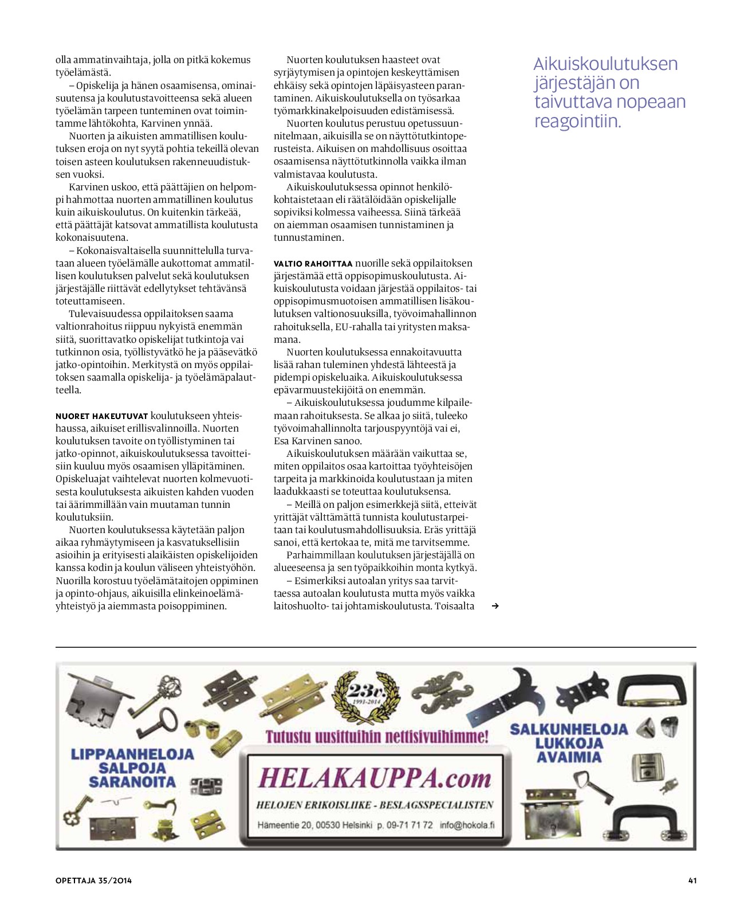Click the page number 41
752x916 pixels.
click(x=692, y=880)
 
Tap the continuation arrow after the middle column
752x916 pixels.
click(x=495, y=606)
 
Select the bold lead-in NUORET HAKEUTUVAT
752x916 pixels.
click(x=102, y=416)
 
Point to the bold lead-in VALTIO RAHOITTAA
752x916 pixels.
click(x=313, y=264)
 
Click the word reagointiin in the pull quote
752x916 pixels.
click(x=577, y=122)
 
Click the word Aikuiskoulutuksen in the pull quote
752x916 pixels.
click(x=605, y=64)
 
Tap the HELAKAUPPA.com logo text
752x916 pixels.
click(x=375, y=778)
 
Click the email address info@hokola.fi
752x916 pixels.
click(x=467, y=825)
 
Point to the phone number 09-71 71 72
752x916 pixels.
click(x=410, y=825)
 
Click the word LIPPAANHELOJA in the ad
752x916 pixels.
click(x=132, y=754)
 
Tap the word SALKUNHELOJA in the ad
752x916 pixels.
click(x=569, y=729)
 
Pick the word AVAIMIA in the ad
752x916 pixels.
click(x=569, y=757)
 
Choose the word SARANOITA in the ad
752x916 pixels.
click(x=132, y=782)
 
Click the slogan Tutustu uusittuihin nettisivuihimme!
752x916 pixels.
click(x=377, y=737)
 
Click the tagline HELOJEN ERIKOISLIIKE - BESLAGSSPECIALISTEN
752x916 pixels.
click(x=375, y=805)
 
